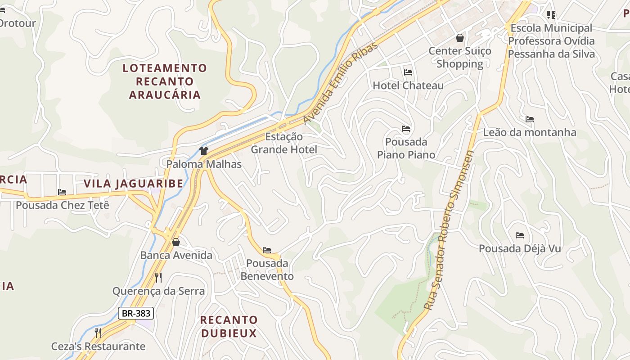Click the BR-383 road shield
point(136,313)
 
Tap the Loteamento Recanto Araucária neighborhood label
point(165,81)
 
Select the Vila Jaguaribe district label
point(134,184)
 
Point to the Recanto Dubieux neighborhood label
point(229,327)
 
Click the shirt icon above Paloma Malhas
point(204,151)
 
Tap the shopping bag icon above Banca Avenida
point(176,242)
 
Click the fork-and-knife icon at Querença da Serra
point(158,277)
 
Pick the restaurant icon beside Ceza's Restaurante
point(98,333)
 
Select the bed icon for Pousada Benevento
point(267,250)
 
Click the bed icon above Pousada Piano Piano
point(406,129)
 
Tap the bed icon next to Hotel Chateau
point(408,72)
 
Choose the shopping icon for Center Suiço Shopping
point(460,38)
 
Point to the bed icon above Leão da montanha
point(530,119)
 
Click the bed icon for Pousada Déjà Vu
point(520,235)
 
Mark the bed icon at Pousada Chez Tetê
point(62,192)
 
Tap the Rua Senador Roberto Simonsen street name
point(450,230)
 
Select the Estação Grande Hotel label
point(284,143)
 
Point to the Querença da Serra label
point(158,291)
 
